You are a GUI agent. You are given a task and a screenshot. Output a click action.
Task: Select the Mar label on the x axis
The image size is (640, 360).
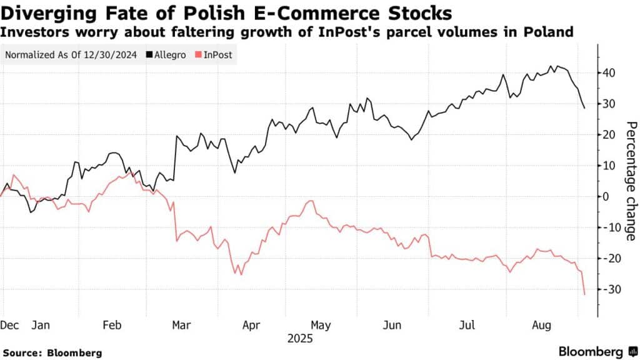(x=181, y=326)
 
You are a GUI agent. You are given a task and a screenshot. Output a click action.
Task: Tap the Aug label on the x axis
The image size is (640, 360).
(x=540, y=326)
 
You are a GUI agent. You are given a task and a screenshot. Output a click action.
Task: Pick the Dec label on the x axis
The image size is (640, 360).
(x=9, y=326)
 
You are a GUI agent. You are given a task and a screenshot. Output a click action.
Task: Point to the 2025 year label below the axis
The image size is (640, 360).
(x=300, y=339)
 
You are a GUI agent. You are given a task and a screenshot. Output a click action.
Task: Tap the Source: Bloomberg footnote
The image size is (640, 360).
(x=51, y=352)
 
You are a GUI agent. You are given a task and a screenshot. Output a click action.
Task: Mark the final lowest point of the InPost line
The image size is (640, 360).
(x=584, y=294)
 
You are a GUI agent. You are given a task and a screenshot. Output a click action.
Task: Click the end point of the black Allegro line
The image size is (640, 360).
(x=584, y=108)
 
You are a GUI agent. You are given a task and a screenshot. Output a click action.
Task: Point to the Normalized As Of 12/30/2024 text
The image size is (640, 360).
(x=71, y=54)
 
